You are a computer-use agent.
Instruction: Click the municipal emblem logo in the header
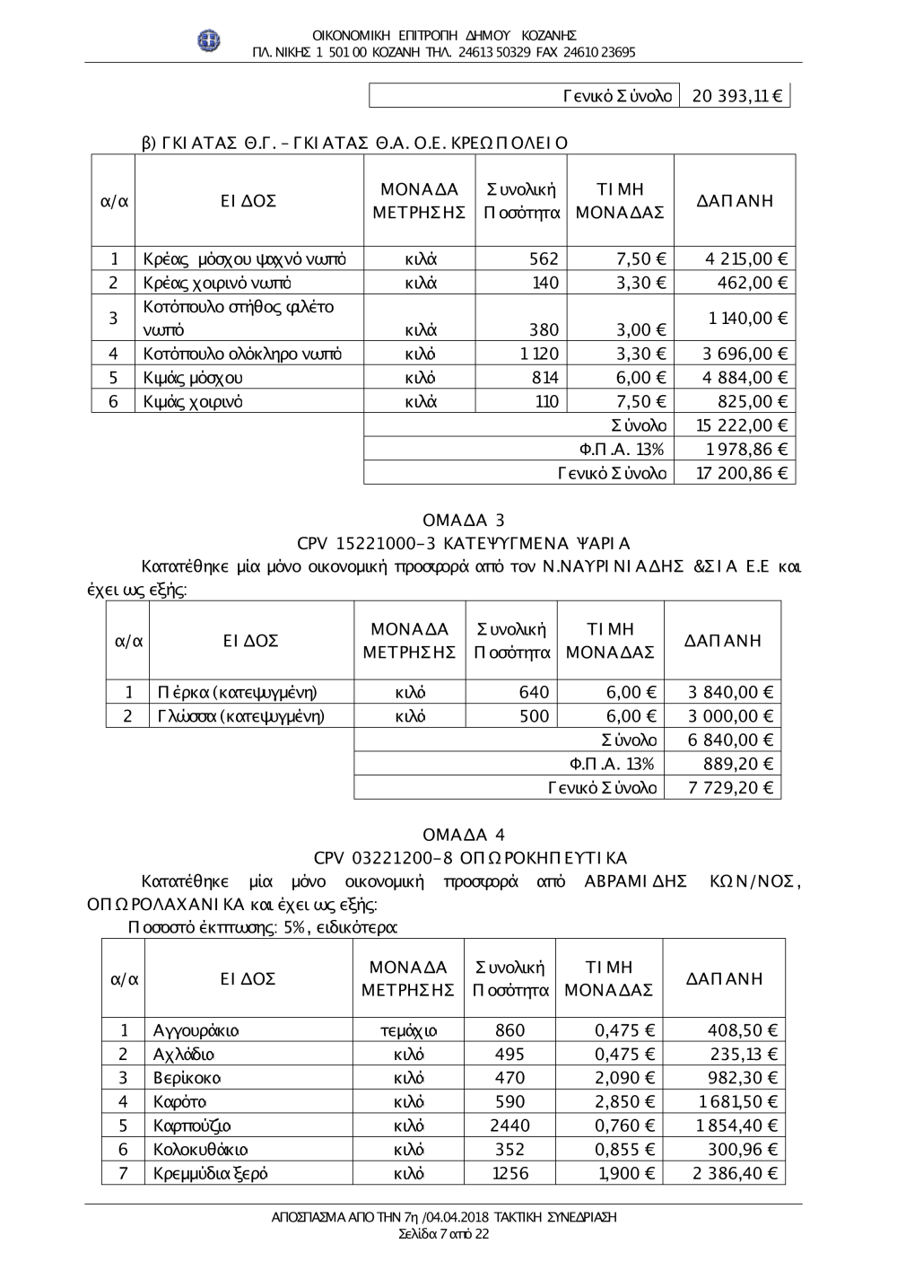[x=209, y=40]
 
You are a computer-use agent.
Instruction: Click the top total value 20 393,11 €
[x=736, y=96]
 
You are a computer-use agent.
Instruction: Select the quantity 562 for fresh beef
[x=544, y=259]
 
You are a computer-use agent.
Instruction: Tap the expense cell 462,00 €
[x=753, y=283]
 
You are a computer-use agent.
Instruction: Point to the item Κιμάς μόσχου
[x=193, y=378]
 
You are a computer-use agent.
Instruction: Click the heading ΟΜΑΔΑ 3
[x=463, y=521]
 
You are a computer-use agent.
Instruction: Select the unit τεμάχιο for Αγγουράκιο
[x=408, y=1030]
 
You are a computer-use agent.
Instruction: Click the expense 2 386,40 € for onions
[x=735, y=1173]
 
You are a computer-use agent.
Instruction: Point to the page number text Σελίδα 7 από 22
[x=444, y=1234]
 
